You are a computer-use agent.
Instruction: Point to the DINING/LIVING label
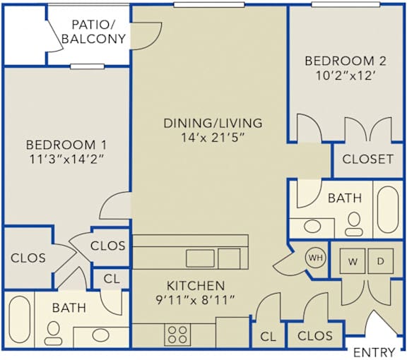coord(213,123)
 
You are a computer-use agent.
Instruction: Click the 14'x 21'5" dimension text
coord(213,138)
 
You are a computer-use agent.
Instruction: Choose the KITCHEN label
coord(196,286)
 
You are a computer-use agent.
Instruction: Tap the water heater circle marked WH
coord(314,258)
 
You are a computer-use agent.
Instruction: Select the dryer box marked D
coord(380,261)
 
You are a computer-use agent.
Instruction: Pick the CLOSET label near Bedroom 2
coord(367,159)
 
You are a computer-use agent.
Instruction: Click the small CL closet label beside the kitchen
coord(267,337)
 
